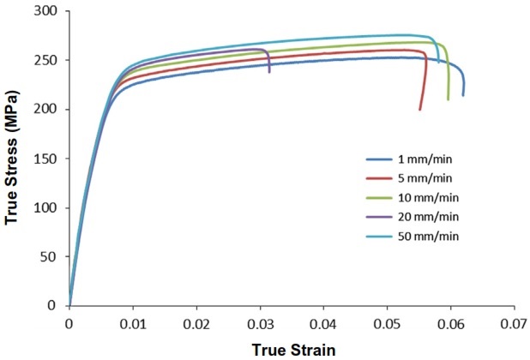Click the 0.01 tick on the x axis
coord(132,324)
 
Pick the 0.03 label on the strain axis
coord(260,324)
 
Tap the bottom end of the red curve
coord(419,110)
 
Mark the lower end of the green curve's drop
coord(448,100)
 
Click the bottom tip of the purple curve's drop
coord(269,73)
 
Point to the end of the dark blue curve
coord(463,95)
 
